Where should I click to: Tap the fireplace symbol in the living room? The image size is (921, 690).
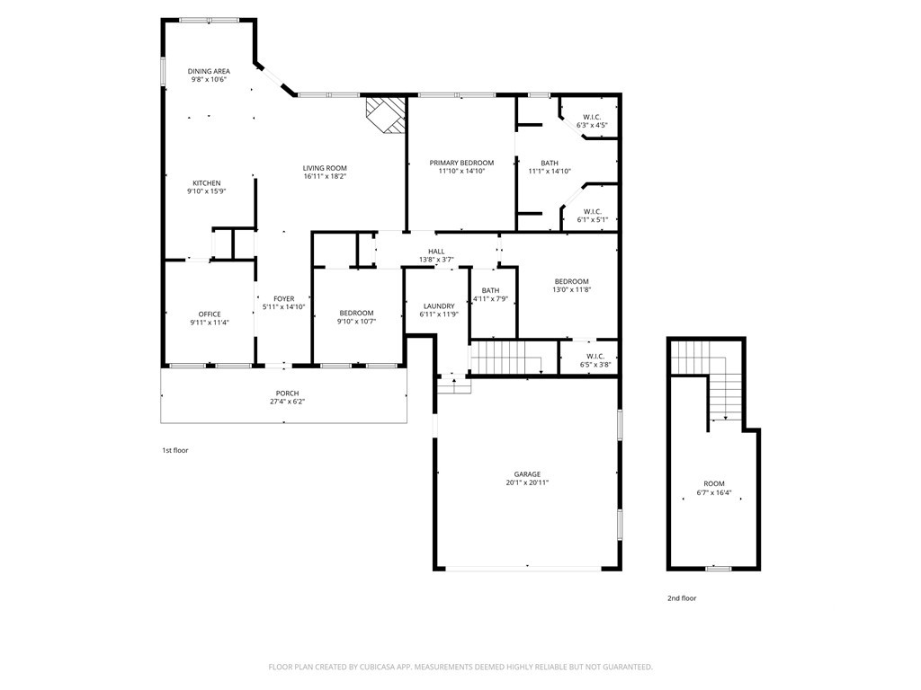(x=386, y=115)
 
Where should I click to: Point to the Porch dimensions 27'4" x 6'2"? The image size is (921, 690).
(x=287, y=402)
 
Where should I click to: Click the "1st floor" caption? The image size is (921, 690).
(x=175, y=450)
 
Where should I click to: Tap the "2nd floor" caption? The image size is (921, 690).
(x=681, y=598)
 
